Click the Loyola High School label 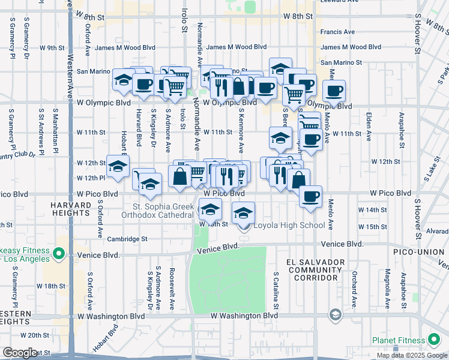pyautogui.click(x=290, y=226)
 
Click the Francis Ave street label pyautogui.click(x=337, y=32)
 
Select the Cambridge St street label pyautogui.click(x=127, y=239)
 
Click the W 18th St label pyautogui.click(x=58, y=286)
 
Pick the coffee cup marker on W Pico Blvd pyautogui.click(x=310, y=196)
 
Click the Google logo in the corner pyautogui.click(x=20, y=353)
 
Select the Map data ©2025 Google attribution pyautogui.click(x=411, y=355)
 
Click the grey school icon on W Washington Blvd pyautogui.click(x=335, y=315)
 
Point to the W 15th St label pyautogui.click(x=372, y=227)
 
